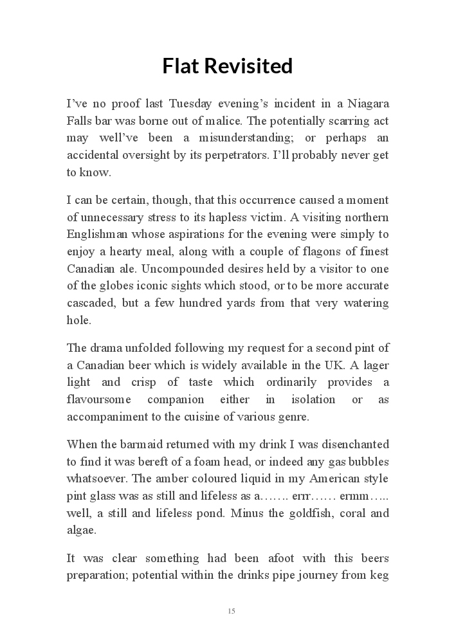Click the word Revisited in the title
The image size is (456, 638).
(251, 66)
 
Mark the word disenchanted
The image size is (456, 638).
(352, 444)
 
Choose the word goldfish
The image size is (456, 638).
(307, 513)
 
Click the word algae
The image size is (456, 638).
(82, 531)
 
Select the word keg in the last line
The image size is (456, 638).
(379, 576)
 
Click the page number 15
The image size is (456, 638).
(232, 611)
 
